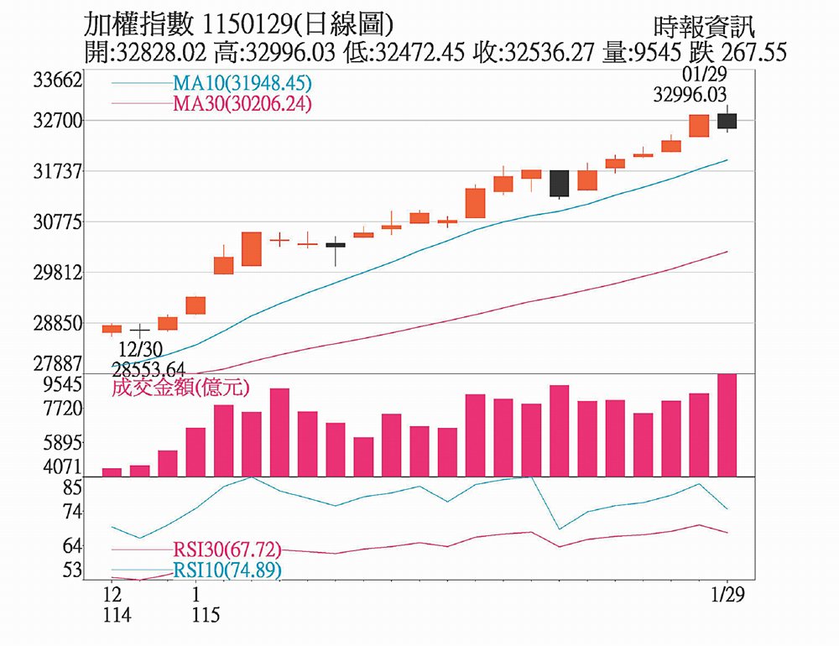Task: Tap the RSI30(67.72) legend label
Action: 227,550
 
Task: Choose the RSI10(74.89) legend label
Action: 227,570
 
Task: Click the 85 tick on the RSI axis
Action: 73,487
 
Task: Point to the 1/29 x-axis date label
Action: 727,595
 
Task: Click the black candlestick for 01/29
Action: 727,121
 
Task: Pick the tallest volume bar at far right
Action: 727,425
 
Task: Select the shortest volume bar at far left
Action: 112,471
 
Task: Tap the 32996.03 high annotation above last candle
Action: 690,96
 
